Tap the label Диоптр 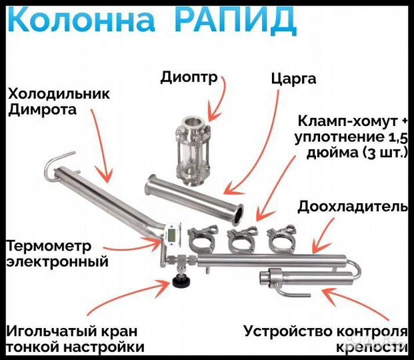(189, 77)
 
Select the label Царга (294, 79)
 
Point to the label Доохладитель (352, 206)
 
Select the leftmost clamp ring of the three (202, 238)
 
